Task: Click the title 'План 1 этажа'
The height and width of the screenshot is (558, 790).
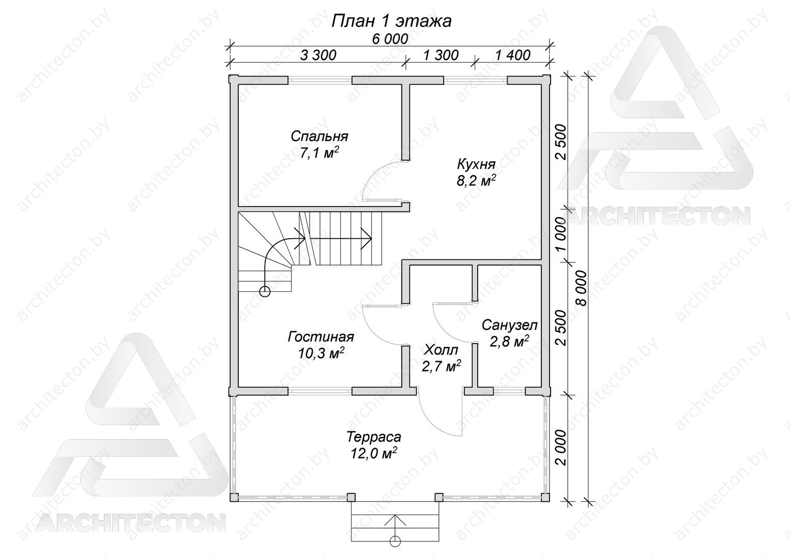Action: coord(391,21)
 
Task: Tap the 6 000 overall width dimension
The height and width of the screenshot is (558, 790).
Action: coord(390,39)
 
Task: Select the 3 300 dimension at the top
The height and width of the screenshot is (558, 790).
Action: coord(318,55)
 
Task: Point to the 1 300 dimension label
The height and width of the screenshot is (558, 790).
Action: coord(441,55)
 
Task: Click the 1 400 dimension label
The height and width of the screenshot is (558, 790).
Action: coord(513,55)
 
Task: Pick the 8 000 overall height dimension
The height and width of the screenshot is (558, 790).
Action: coord(582,288)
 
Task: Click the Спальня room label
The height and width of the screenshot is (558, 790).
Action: coord(319,136)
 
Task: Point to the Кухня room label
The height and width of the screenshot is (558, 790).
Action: coord(476,164)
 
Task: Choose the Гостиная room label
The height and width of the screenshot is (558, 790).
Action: coord(321,337)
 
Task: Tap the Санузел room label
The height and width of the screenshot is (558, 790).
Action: coord(509,325)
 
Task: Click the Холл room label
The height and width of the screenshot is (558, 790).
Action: coord(441,350)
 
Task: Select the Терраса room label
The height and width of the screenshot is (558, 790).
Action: coord(373,437)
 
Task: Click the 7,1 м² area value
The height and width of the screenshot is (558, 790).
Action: coord(319,153)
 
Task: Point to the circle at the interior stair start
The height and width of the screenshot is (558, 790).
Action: coord(265,291)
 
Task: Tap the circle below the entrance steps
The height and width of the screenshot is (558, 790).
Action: coord(396,550)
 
